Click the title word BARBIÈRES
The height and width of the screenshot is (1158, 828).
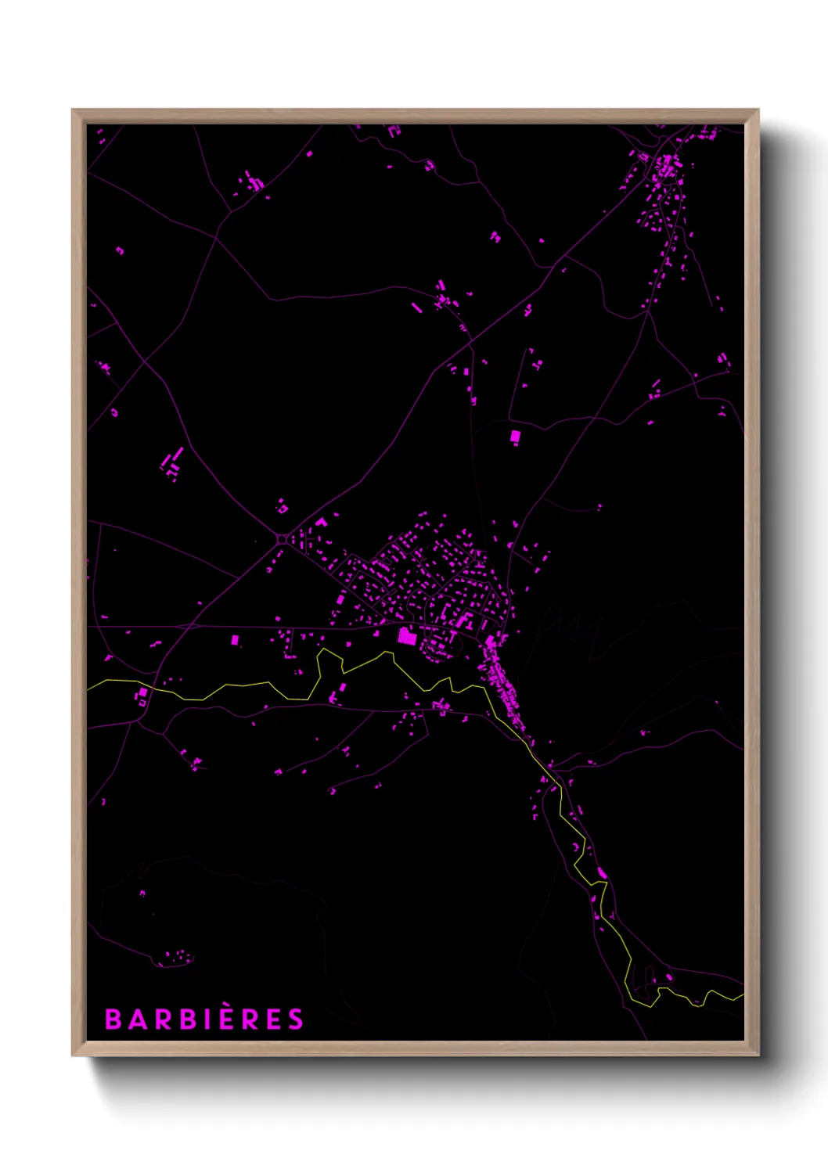click(x=204, y=1020)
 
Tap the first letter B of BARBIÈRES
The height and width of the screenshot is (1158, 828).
click(x=113, y=1020)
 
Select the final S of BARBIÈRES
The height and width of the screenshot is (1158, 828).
click(x=295, y=1020)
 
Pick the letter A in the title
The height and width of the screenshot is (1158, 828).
click(x=136, y=1020)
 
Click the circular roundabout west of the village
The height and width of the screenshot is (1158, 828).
click(x=282, y=538)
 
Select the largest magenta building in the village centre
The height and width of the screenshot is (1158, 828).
click(x=406, y=636)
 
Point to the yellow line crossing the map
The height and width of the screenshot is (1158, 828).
click(x=235, y=686)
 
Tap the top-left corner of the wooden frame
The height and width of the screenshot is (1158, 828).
click(x=73, y=110)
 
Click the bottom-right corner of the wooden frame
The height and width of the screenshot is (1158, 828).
click(x=758, y=1055)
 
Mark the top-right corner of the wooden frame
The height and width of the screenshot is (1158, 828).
click(x=758, y=110)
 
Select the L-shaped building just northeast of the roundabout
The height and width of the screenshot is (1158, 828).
click(x=321, y=522)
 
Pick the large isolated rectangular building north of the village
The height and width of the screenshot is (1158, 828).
click(x=515, y=437)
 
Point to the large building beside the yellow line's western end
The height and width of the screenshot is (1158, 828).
click(x=142, y=695)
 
